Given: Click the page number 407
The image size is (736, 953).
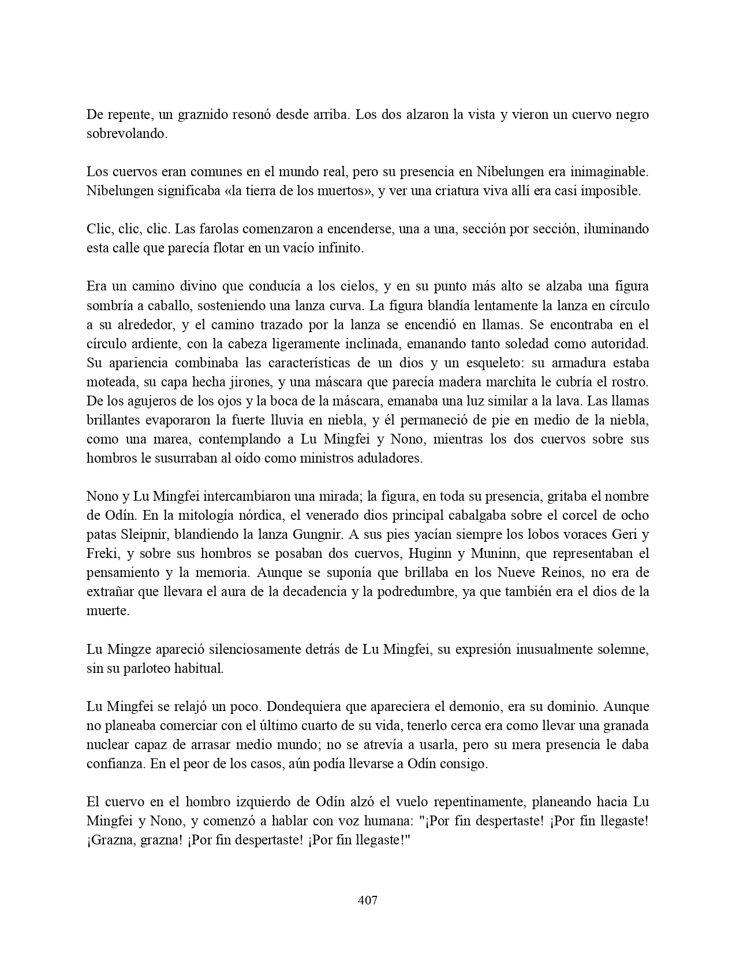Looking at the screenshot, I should [368, 900].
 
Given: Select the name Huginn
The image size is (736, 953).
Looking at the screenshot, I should [432, 553].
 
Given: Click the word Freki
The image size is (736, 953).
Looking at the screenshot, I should [102, 553].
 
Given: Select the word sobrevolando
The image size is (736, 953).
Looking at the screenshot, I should [126, 133].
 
